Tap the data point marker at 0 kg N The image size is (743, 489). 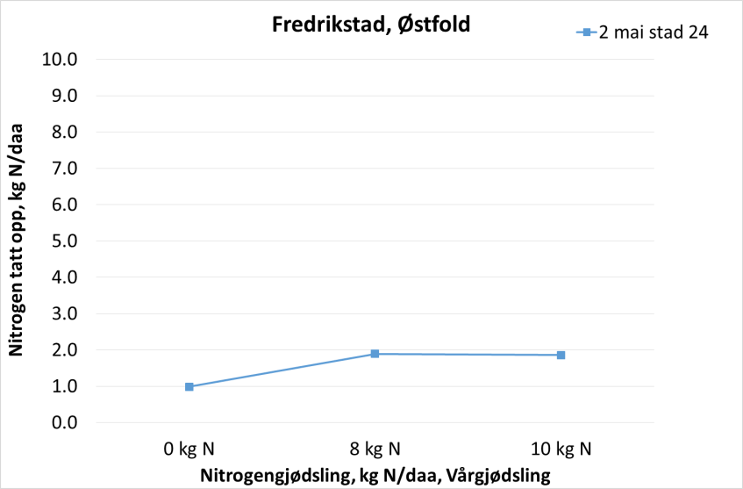(x=189, y=386)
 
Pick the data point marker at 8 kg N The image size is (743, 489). (x=375, y=354)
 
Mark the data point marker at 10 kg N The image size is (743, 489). (x=561, y=355)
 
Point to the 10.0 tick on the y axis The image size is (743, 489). (x=60, y=59)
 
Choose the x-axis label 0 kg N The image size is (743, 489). (x=189, y=449)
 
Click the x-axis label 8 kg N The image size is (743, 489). (x=375, y=449)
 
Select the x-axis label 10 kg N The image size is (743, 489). (x=561, y=449)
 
